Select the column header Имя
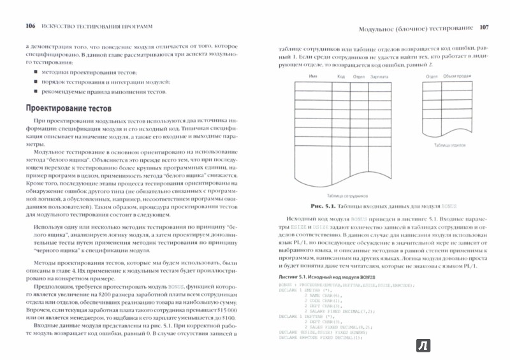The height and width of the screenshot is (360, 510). click(313, 76)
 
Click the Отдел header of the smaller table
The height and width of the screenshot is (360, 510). click(432, 76)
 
